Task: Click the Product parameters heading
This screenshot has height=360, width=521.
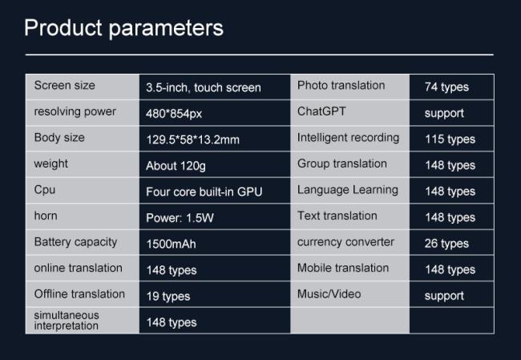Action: pyautogui.click(x=123, y=29)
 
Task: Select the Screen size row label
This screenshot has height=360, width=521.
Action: pyautogui.click(x=64, y=86)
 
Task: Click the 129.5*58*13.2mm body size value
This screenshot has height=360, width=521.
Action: pyautogui.click(x=192, y=140)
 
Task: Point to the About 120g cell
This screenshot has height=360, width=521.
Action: pyautogui.click(x=176, y=165)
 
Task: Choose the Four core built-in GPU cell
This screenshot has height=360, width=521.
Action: pyautogui.click(x=204, y=192)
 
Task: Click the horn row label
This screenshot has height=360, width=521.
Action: pyautogui.click(x=46, y=216)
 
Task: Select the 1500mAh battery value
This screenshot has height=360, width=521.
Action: pyautogui.click(x=171, y=244)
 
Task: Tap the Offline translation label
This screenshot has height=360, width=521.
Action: pyautogui.click(x=79, y=294)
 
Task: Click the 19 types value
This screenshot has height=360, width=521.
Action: pyautogui.click(x=168, y=296)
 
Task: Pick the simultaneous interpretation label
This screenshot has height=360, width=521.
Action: pyautogui.click(x=67, y=321)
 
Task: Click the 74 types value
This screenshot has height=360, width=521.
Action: pyautogui.click(x=446, y=87)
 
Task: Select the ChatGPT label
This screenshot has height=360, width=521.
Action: pyautogui.click(x=321, y=111)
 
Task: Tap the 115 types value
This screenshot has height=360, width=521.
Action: pyautogui.click(x=450, y=140)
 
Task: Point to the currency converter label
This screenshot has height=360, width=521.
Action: pyautogui.click(x=345, y=242)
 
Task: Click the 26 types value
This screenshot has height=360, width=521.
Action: pyautogui.click(x=446, y=244)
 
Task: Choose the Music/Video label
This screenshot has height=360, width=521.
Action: pyautogui.click(x=329, y=294)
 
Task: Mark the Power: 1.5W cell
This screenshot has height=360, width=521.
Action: pyautogui.click(x=180, y=218)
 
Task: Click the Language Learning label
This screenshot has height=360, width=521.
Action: pyautogui.click(x=348, y=190)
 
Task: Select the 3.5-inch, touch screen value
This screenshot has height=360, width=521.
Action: pyautogui.click(x=204, y=87)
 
